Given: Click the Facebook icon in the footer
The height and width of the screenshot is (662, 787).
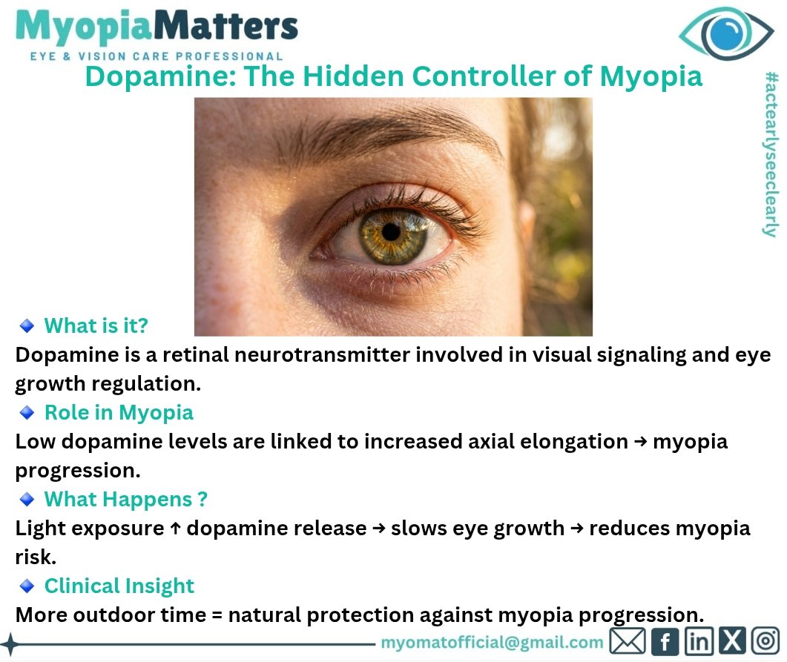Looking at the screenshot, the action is point(665,641).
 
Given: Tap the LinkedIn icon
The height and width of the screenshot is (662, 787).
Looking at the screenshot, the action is point(699,641).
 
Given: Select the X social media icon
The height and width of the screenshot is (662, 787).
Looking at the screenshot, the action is point(732,641).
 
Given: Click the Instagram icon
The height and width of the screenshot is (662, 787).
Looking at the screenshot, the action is point(765,641).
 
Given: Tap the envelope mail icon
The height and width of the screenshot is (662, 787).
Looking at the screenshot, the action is point(628,641).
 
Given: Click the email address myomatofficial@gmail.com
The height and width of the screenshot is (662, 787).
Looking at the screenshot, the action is point(492,643).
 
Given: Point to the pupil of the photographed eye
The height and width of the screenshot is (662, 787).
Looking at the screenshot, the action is point(390,232).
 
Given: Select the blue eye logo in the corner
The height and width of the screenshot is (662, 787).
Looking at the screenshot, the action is point(725,33).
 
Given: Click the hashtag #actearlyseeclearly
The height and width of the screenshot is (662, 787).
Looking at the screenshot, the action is point(770,154).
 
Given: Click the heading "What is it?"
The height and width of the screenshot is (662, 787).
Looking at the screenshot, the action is point(96,325).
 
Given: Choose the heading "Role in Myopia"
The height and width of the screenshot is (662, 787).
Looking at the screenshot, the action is point(119,413).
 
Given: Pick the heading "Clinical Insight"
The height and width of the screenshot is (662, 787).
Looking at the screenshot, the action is point(119,586).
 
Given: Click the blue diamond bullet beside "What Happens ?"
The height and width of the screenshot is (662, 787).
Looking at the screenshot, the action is point(27,500).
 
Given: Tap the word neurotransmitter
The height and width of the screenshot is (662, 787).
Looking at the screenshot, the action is point(322,354).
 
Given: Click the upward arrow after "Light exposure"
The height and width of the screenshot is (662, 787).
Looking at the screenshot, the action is point(175,528).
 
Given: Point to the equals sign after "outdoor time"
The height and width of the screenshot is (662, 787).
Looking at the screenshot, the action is point(217,615).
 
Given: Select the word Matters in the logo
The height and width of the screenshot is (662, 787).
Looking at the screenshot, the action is point(225,26).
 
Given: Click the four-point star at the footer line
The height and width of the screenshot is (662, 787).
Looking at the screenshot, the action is point(10,643).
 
